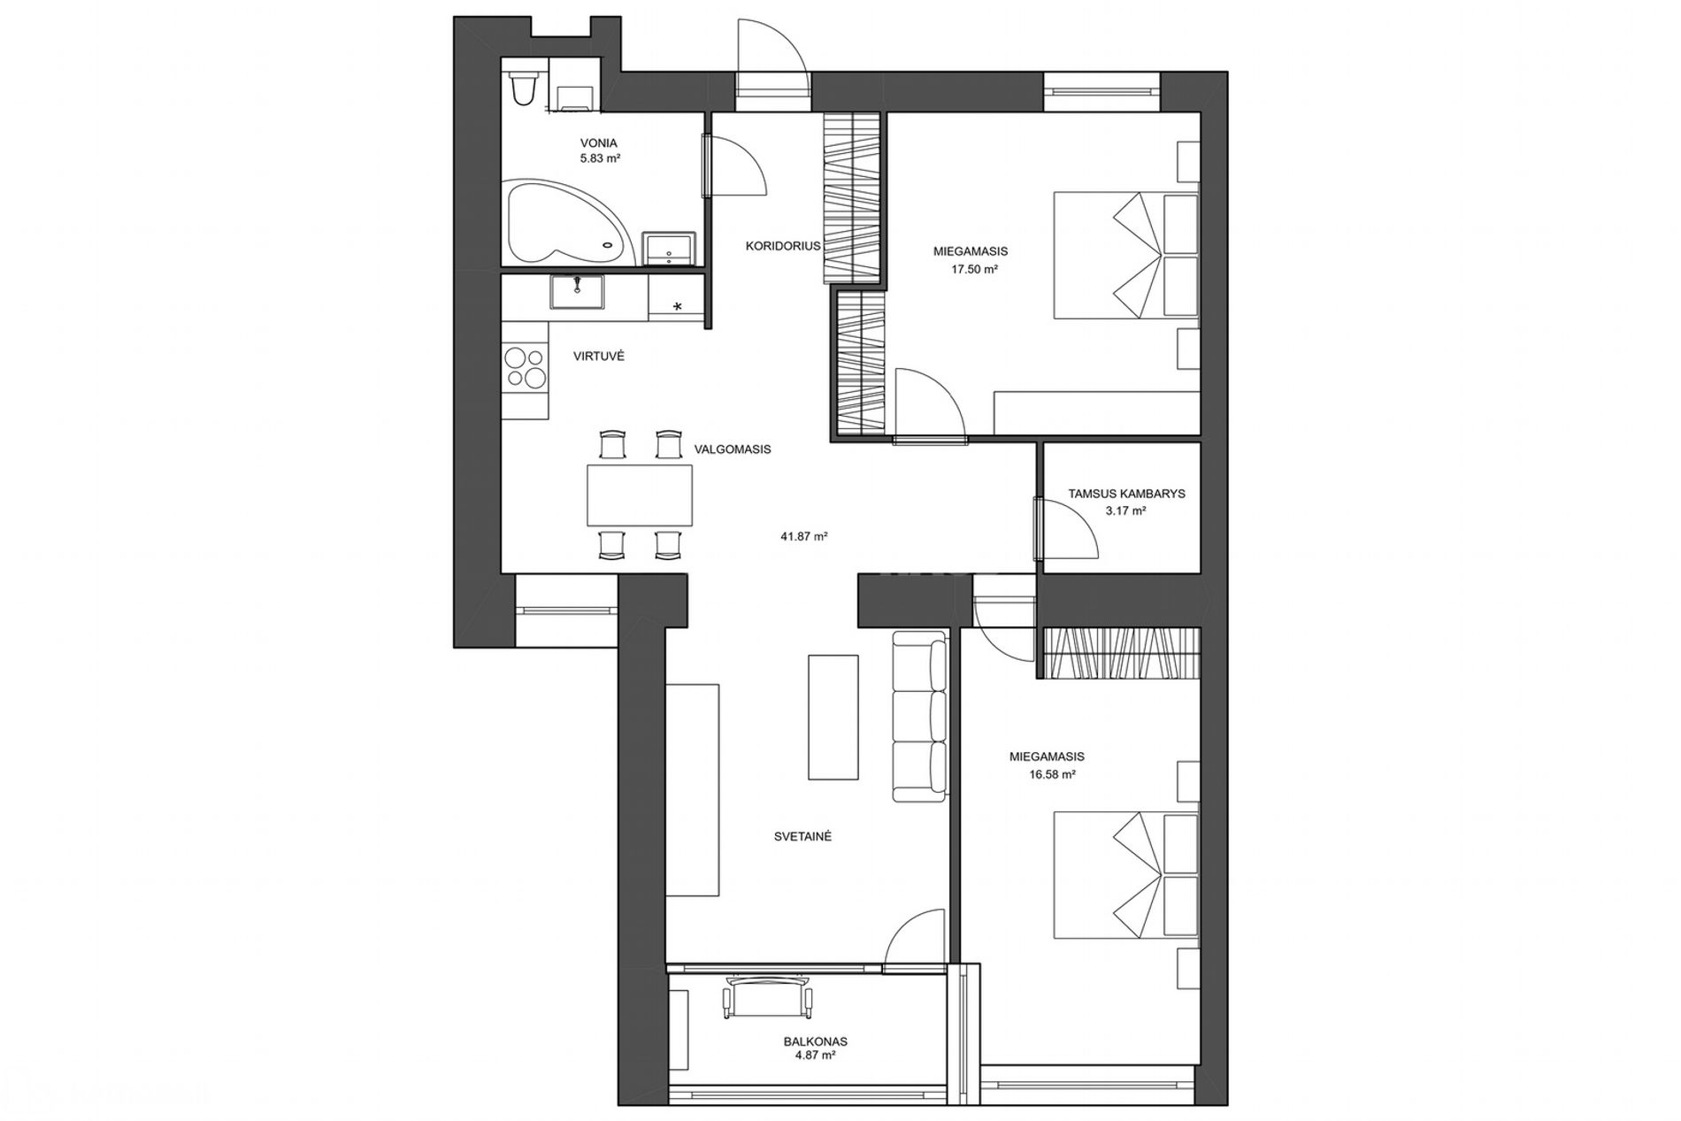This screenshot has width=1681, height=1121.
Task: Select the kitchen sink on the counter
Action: click(x=577, y=293)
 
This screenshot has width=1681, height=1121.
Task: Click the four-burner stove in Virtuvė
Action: click(x=525, y=369)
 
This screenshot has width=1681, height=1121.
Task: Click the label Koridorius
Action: click(x=783, y=246)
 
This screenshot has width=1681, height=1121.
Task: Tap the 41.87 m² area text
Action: click(x=803, y=536)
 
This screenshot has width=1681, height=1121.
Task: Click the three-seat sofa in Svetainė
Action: click(x=920, y=716)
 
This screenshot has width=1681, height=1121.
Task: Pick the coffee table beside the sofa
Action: click(x=833, y=717)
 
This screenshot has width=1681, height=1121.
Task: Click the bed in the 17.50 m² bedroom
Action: click(x=1125, y=255)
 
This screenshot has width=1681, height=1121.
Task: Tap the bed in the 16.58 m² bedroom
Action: click(x=1125, y=874)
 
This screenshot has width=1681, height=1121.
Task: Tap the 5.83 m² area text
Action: click(x=600, y=158)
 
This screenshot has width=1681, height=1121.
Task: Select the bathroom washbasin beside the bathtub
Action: click(x=669, y=249)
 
